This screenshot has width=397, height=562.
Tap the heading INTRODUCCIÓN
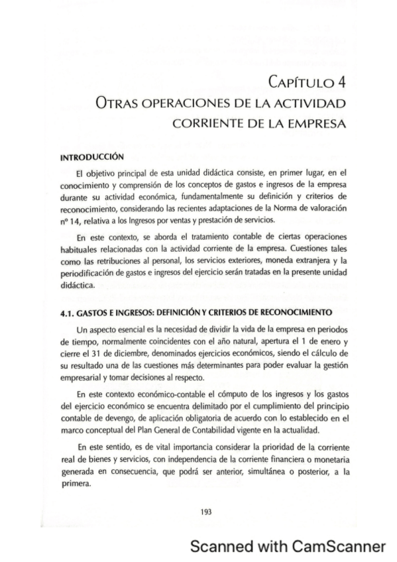point(92,157)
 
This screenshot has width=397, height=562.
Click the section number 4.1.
point(68,312)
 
